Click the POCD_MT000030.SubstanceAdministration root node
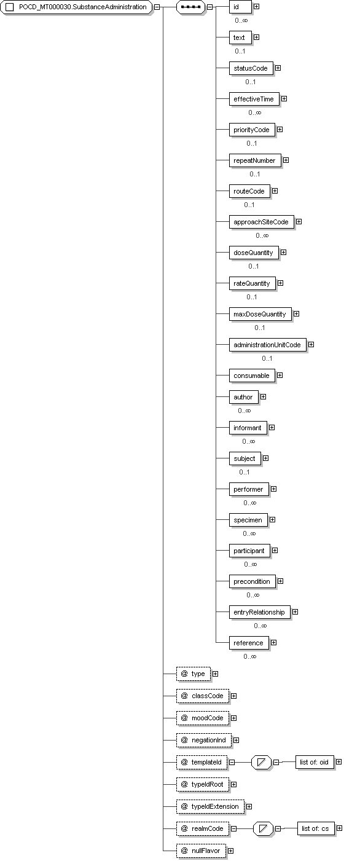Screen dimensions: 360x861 [76, 7]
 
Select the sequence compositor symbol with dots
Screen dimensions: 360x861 [190, 7]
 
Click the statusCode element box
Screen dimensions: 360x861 [251, 68]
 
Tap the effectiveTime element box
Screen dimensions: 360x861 [254, 99]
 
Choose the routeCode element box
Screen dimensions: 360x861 [249, 191]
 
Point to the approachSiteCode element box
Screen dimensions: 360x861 [261, 222]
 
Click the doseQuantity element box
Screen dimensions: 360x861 [254, 253]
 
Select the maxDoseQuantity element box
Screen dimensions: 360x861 [260, 315]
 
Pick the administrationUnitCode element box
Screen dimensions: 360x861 [267, 345]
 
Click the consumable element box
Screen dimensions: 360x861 [252, 376]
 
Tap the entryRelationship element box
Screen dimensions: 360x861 [259, 612]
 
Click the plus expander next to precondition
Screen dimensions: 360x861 [281, 581]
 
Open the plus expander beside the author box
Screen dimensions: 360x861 [263, 396]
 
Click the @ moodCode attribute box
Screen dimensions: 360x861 [203, 718]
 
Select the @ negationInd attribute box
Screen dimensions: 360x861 [204, 741]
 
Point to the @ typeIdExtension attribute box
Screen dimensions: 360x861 [210, 807]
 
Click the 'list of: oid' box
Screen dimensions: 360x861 [315, 762]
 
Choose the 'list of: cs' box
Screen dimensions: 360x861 [315, 828]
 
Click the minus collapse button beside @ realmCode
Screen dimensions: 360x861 [233, 828]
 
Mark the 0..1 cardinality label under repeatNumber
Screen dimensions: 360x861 [255, 174]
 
